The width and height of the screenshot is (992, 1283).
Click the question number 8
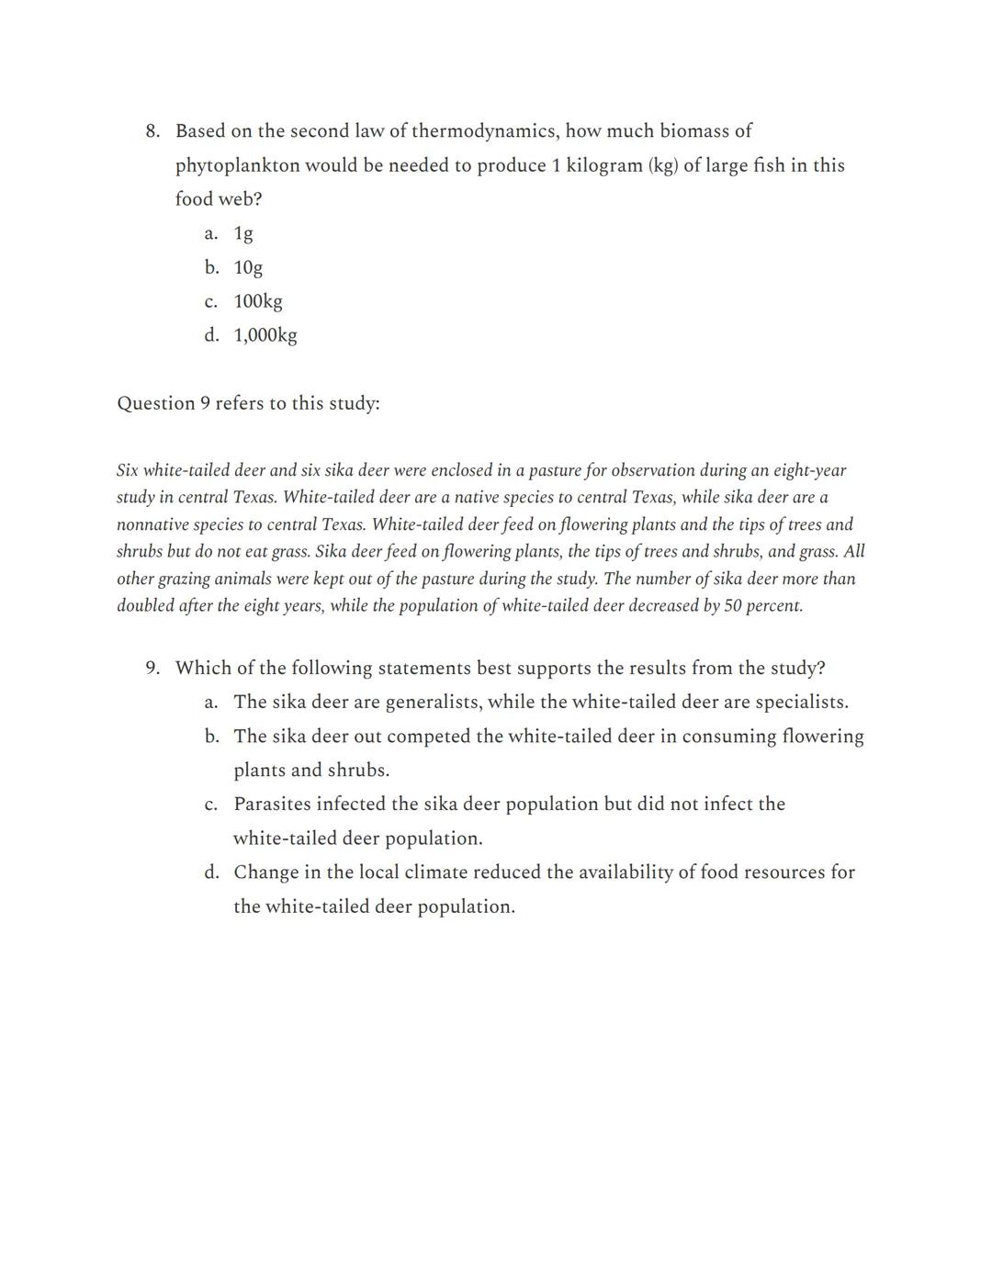click(152, 131)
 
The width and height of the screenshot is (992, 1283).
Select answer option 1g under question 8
click(243, 233)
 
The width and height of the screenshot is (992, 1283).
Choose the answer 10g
click(248, 267)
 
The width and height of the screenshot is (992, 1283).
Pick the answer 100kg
click(258, 301)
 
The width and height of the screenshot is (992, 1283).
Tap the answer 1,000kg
click(265, 335)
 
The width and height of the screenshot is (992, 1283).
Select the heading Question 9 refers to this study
click(248, 403)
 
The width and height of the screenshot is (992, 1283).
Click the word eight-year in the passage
click(809, 470)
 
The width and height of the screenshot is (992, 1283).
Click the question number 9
click(152, 668)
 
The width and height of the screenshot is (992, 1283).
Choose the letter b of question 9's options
click(211, 737)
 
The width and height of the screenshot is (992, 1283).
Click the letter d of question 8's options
click(211, 335)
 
